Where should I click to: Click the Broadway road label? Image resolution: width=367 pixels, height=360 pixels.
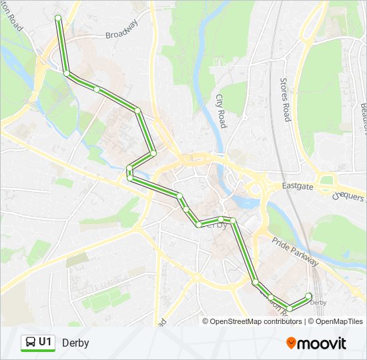coord(121,30)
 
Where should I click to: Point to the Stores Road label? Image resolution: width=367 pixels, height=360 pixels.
coord(284,99)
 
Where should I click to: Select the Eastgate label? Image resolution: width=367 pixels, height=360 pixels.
coord(298,187)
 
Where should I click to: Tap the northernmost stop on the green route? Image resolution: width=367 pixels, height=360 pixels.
coord(58,17)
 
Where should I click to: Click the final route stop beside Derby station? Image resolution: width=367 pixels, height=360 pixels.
coord(308,295)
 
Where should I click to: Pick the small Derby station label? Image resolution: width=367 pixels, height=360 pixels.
coord(319,303)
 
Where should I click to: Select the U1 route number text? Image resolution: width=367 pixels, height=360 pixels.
coord(45,343)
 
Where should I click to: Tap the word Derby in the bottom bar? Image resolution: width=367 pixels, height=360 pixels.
coord(75,343)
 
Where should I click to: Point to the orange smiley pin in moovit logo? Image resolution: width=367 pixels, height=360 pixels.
coord(291,343)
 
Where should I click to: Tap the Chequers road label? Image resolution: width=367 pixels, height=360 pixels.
coord(349,195)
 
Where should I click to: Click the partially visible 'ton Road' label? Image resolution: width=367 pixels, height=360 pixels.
coord(13,16)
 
